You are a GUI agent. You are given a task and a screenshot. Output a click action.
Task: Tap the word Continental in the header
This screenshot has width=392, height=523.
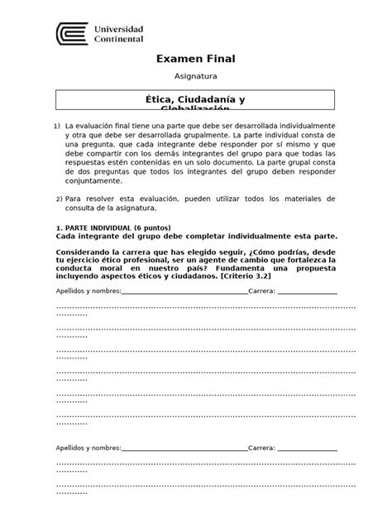pyautogui.click(x=120, y=39)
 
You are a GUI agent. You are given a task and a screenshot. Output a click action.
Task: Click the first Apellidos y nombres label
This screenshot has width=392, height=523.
pyautogui.click(x=88, y=291)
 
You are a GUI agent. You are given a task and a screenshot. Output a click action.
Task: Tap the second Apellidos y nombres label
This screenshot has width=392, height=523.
pyautogui.click(x=88, y=448)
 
